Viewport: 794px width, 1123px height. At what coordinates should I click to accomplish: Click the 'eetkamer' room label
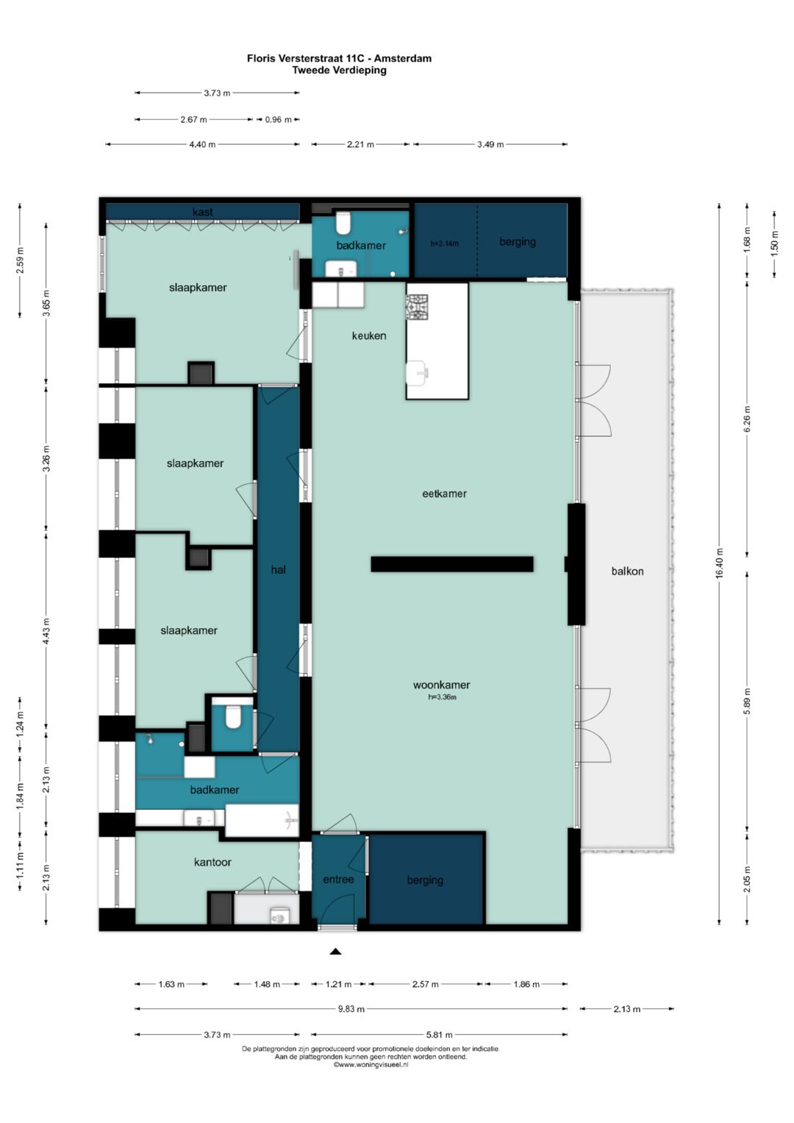pyautogui.click(x=444, y=493)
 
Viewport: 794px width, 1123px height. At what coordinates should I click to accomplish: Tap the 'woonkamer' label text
pyautogui.click(x=441, y=685)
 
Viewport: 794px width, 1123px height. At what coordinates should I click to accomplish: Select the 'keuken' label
pyautogui.click(x=369, y=335)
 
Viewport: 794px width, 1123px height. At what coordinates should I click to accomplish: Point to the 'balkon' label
pyautogui.click(x=627, y=571)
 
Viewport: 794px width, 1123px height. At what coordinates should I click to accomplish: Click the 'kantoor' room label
pyautogui.click(x=212, y=862)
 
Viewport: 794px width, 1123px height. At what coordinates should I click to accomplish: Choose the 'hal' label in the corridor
pyautogui.click(x=278, y=569)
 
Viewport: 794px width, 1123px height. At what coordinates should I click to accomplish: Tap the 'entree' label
pyautogui.click(x=338, y=879)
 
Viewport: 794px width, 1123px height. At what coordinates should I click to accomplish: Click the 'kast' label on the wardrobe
pyautogui.click(x=202, y=212)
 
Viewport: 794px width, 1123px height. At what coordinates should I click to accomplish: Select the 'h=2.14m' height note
pyautogui.click(x=445, y=243)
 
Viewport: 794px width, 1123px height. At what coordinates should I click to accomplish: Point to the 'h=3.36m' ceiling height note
pyautogui.click(x=442, y=697)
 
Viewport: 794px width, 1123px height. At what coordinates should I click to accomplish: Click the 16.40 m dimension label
pyautogui.click(x=719, y=563)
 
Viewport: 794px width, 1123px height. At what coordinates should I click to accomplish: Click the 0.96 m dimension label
pyautogui.click(x=278, y=120)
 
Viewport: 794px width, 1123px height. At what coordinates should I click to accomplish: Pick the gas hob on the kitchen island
pyautogui.click(x=417, y=307)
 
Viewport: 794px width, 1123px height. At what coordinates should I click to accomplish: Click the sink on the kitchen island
pyautogui.click(x=417, y=373)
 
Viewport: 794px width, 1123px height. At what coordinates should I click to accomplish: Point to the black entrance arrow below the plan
pyautogui.click(x=335, y=951)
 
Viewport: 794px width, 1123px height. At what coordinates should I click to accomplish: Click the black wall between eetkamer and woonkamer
pyautogui.click(x=451, y=564)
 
